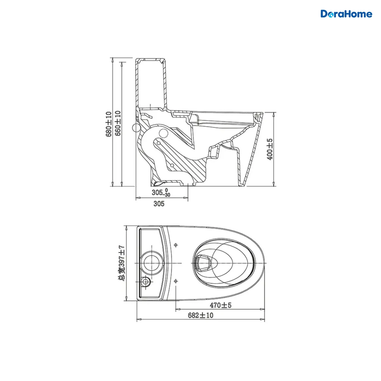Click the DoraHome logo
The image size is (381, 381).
[x=346, y=14]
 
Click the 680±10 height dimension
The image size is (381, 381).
[x=109, y=124]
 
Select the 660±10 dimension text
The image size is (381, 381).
[x=118, y=123]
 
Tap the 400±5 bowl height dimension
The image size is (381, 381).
[x=270, y=149]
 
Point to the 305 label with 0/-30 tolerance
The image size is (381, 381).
[x=161, y=193]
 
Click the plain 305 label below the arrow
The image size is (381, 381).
[x=159, y=204]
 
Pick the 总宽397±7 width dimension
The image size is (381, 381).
[x=121, y=263]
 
